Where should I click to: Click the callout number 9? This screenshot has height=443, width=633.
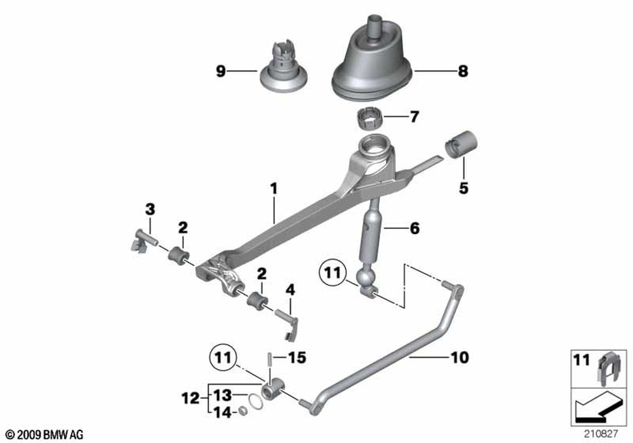point(220,72)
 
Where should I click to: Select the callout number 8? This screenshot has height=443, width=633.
point(463,72)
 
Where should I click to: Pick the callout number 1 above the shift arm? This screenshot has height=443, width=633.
point(273,189)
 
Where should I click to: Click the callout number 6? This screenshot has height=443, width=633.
point(414,228)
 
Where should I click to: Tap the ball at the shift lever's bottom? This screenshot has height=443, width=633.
point(366,279)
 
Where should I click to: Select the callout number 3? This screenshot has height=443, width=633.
point(150,209)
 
